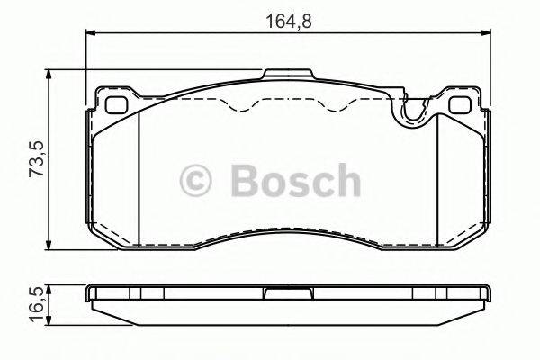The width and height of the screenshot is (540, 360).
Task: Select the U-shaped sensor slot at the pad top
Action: point(413,112)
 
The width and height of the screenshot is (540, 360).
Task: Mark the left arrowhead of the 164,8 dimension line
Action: point(89,33)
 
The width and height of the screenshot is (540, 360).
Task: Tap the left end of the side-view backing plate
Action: point(89,295)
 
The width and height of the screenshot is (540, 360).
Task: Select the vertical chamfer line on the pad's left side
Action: point(141,180)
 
